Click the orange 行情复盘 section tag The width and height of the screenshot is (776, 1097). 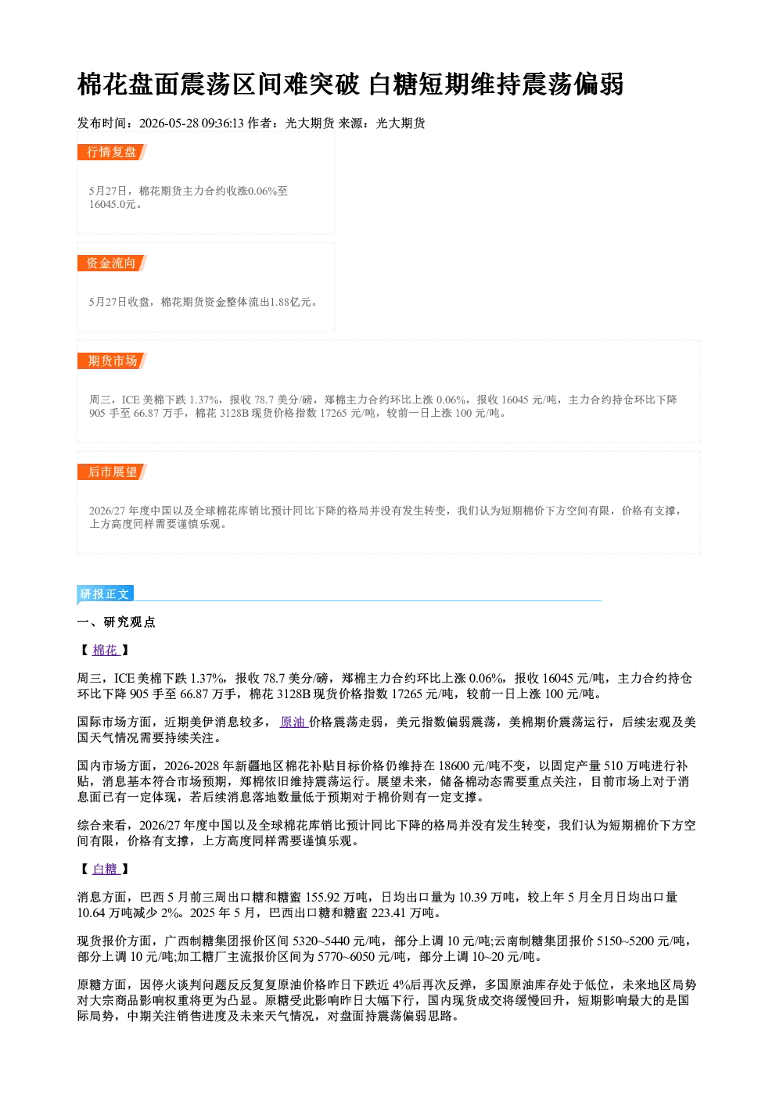point(112,152)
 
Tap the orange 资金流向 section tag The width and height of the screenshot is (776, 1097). point(112,263)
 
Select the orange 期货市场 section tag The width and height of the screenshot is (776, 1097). point(112,361)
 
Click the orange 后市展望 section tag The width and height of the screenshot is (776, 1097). point(112,471)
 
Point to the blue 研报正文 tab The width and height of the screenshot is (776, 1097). point(105,593)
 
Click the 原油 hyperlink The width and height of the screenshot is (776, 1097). point(293,722)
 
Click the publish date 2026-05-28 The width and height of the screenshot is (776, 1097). point(168,123)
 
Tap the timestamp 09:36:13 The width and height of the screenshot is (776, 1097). point(222,123)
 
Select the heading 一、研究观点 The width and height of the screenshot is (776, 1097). point(116,622)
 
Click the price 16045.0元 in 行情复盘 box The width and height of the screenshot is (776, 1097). point(112,204)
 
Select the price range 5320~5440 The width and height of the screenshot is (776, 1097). point(321,941)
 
